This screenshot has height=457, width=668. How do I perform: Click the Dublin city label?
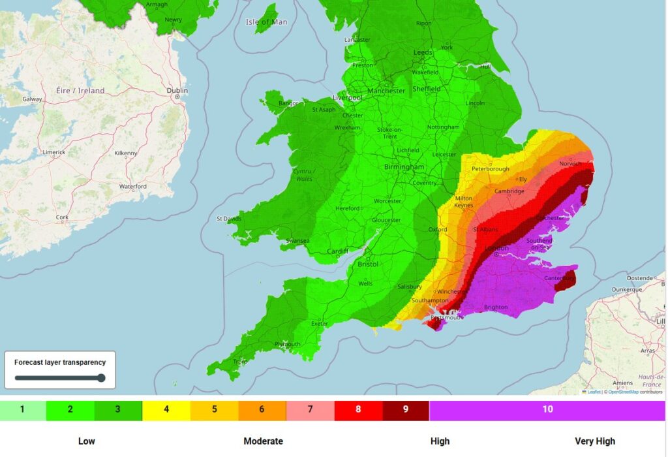(x=177, y=90)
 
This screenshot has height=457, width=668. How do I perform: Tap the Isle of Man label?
(x=266, y=22)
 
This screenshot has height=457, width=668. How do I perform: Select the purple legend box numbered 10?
(x=547, y=410)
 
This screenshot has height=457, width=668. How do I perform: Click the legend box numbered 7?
(x=310, y=410)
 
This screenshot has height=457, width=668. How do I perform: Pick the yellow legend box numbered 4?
(x=166, y=410)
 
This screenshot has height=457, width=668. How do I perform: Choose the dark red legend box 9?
(x=405, y=410)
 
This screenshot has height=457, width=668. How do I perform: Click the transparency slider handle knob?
(x=100, y=377)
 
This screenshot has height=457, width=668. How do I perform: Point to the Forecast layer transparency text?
(x=60, y=362)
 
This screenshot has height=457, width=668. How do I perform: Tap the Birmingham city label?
(x=404, y=167)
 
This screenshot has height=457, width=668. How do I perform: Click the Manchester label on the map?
(x=386, y=91)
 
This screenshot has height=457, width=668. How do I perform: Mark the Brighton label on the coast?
(x=495, y=307)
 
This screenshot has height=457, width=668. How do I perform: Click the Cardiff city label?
(x=337, y=251)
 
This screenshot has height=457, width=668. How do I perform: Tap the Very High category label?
(x=594, y=441)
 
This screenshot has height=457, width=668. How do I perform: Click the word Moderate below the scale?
(x=263, y=441)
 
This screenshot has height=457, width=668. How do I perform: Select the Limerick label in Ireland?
(x=53, y=151)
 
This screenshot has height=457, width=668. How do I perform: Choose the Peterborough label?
(x=490, y=168)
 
